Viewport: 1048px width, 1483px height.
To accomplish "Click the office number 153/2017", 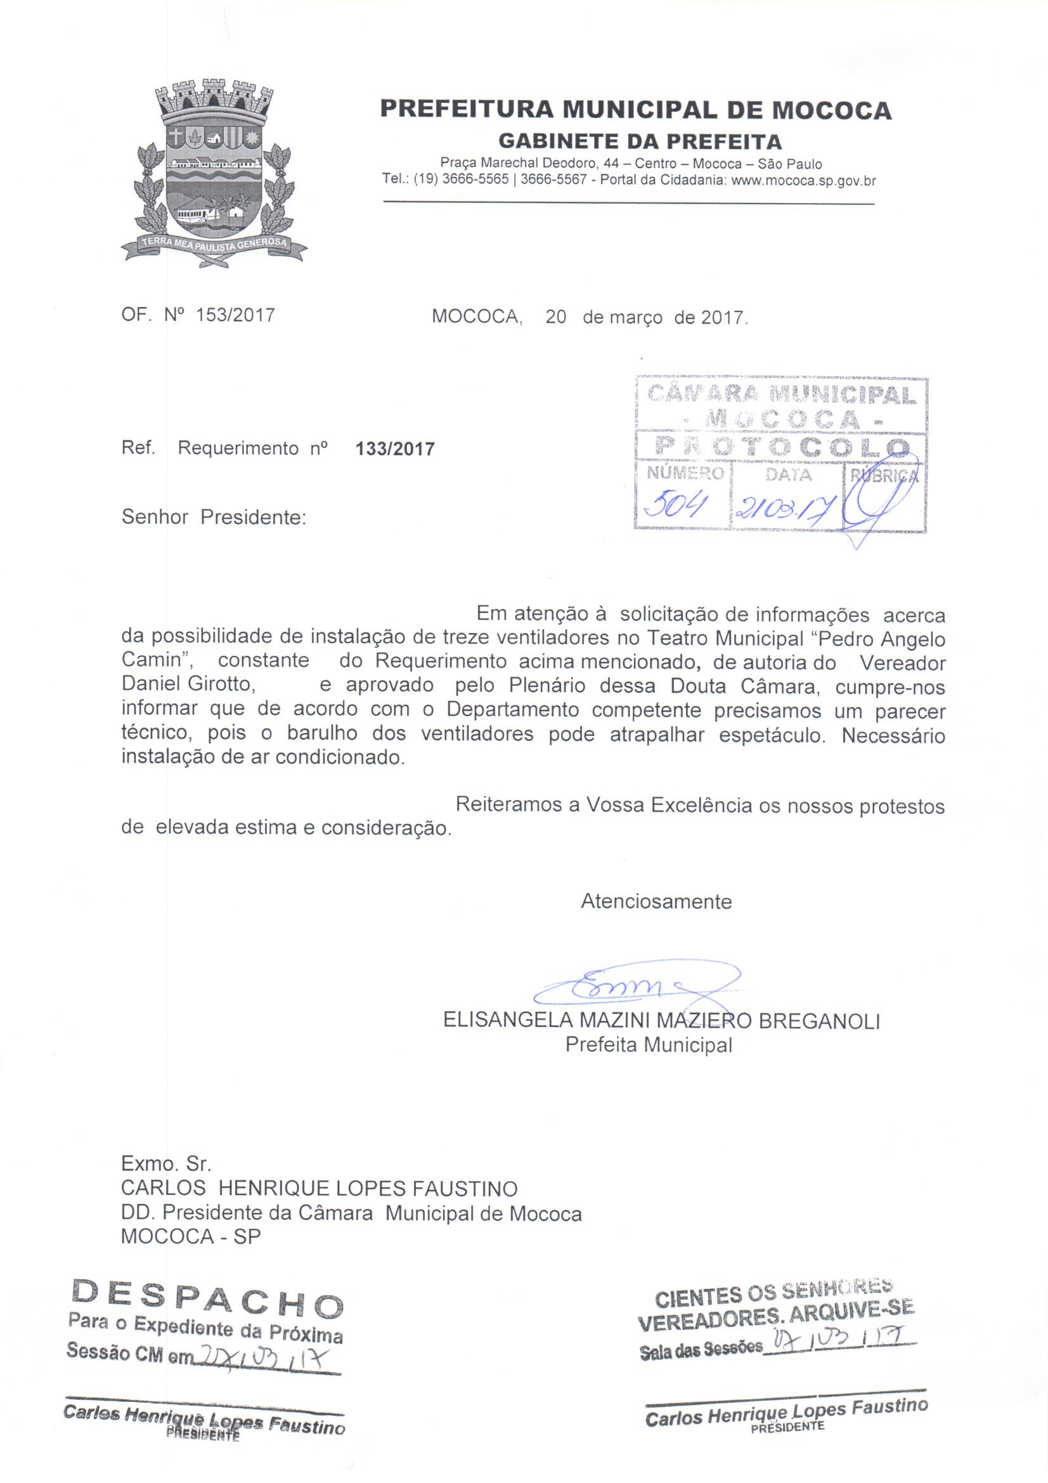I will point(235,315).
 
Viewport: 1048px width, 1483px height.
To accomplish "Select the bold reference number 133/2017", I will point(395,448).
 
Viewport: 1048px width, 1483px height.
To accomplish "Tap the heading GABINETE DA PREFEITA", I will point(640,141).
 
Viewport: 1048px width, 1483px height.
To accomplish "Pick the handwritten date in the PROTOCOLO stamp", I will point(784,511).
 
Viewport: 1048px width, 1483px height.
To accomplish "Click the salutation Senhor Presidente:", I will point(213,518).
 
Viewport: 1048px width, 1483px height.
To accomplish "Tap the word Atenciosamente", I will point(656,901).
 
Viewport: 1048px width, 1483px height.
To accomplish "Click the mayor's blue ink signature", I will point(620,987).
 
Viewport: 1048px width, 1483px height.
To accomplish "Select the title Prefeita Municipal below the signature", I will point(649,1045).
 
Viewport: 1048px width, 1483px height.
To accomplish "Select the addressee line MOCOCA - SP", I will point(190,1236).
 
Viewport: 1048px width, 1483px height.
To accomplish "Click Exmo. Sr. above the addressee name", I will point(166,1164).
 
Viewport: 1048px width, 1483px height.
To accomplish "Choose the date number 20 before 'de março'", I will point(555,317).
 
